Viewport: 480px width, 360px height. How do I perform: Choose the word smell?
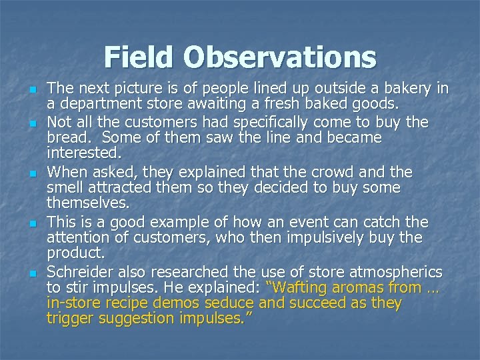[x=67, y=188]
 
